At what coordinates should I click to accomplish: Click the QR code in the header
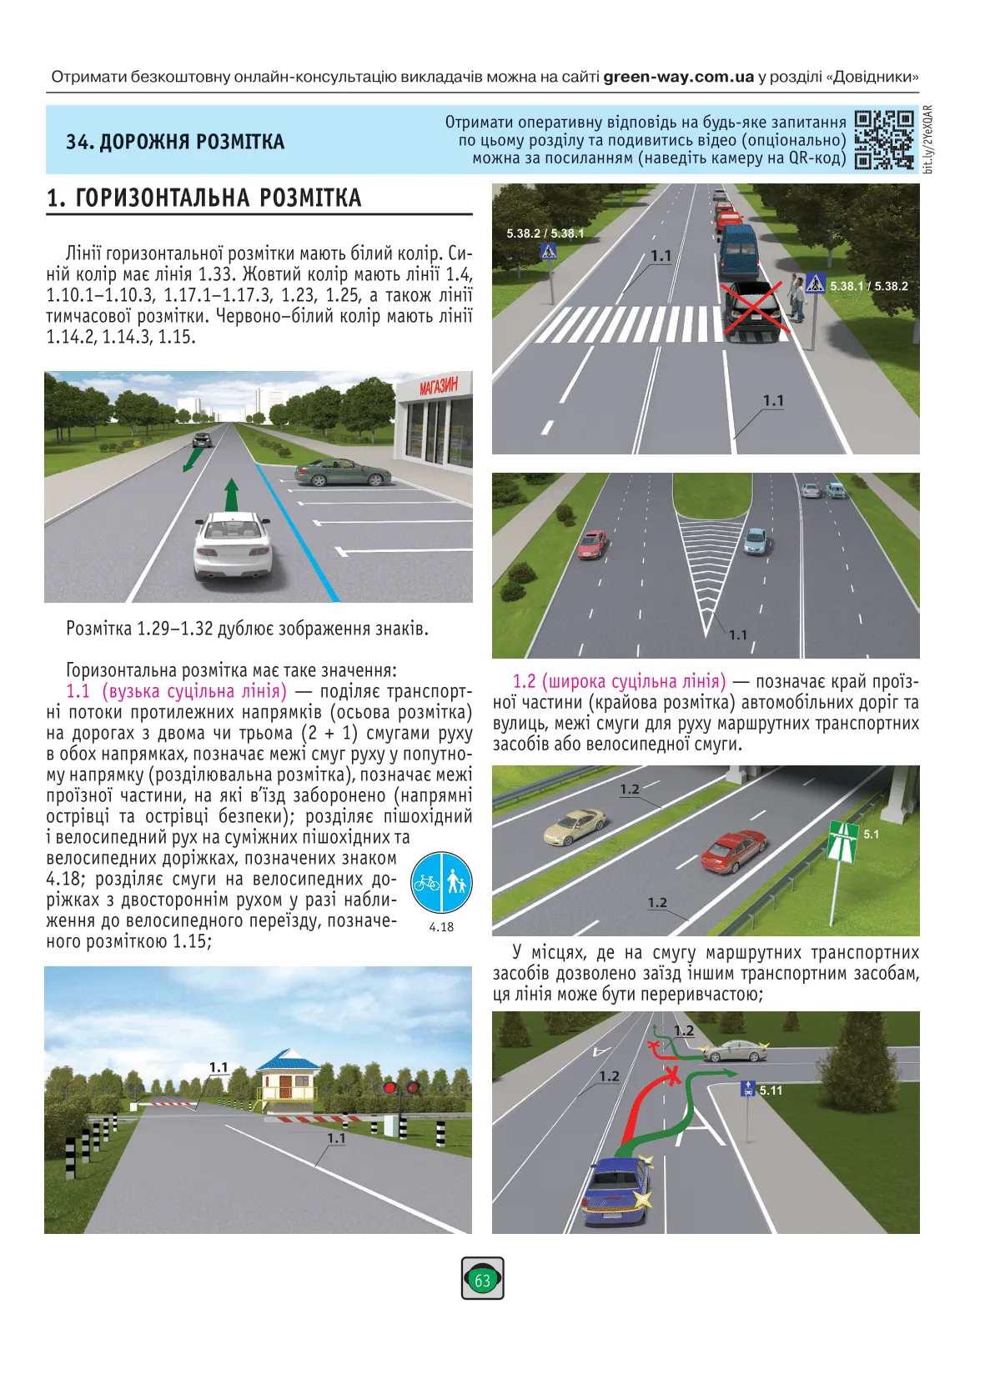(884, 139)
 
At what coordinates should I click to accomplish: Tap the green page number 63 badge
(482, 1278)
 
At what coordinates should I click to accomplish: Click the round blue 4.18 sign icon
(441, 882)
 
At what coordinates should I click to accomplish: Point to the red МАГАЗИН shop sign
(439, 387)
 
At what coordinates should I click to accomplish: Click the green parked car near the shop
(343, 473)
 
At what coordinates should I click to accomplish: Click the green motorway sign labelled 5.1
(844, 841)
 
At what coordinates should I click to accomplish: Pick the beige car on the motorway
(575, 825)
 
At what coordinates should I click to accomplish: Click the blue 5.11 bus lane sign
(748, 1089)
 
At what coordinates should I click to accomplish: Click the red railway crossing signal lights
(400, 1087)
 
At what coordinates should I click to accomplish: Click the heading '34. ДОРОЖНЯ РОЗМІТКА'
(175, 142)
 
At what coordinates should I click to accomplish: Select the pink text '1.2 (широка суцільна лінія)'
(619, 681)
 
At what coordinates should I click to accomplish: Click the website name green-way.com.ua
(678, 77)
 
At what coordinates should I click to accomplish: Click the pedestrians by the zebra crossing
(797, 298)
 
